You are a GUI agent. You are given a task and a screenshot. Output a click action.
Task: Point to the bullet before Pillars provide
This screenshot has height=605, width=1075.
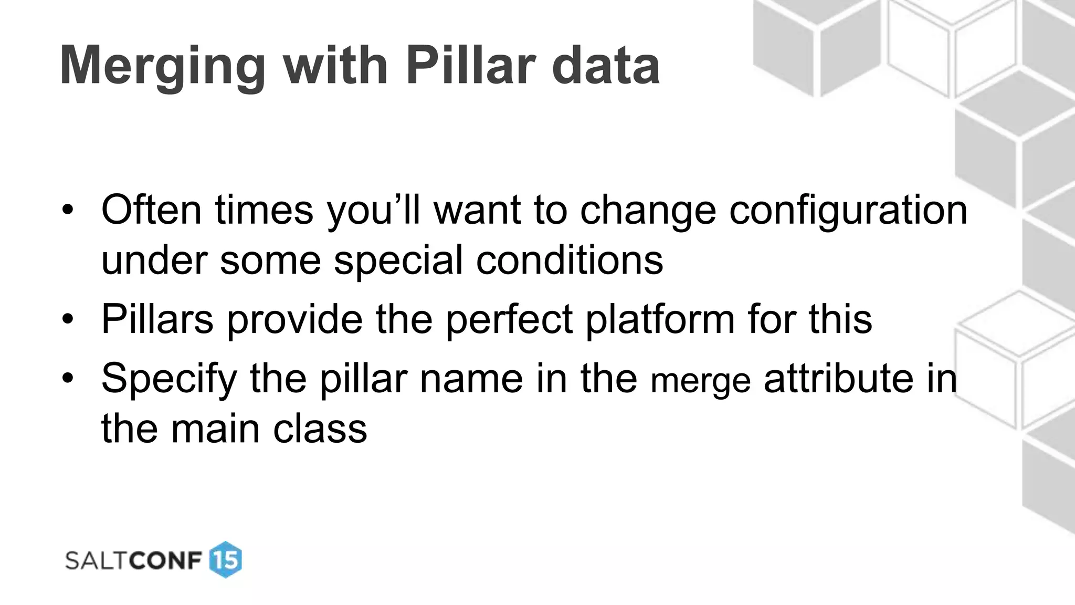coord(67,319)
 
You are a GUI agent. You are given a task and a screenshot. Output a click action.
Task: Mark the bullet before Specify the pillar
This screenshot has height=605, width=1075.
coord(67,378)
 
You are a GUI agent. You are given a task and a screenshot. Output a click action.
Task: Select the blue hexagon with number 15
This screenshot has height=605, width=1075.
coord(226,560)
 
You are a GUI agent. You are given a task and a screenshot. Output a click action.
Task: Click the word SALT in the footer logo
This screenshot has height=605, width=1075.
coord(96,560)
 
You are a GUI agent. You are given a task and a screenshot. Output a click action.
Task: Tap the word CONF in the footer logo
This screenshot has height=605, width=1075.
coord(165,560)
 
